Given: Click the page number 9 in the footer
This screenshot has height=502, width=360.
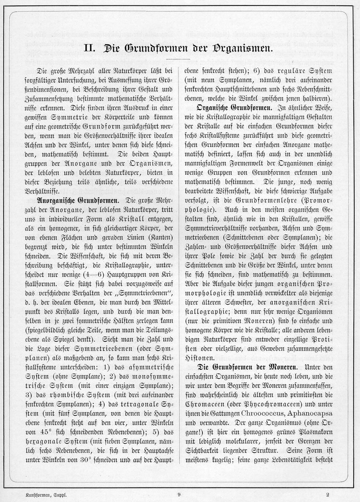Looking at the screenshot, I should tap(179, 494).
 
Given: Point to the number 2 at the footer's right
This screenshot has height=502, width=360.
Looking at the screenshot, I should tap(328, 494).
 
